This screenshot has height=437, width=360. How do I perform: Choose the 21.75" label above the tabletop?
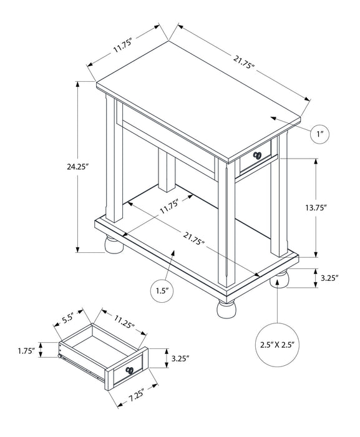(x=245, y=60)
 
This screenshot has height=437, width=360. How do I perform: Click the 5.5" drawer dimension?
(x=67, y=318)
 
